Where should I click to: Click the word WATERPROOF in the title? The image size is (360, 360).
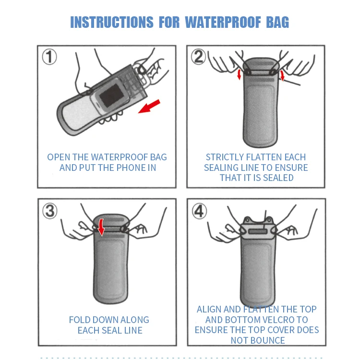[223, 22]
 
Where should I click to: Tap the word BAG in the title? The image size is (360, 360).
[277, 22]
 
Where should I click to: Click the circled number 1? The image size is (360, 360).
[49, 57]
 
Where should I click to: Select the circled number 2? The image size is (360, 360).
[199, 57]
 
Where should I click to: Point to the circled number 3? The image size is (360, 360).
[49, 211]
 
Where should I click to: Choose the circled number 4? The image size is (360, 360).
[199, 211]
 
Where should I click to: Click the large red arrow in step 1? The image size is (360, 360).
[149, 106]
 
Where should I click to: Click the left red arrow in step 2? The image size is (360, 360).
[239, 74]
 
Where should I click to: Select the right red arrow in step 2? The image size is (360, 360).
[282, 76]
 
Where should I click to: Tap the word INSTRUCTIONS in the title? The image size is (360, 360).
[112, 22]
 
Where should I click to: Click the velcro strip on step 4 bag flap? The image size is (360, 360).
[258, 231]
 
